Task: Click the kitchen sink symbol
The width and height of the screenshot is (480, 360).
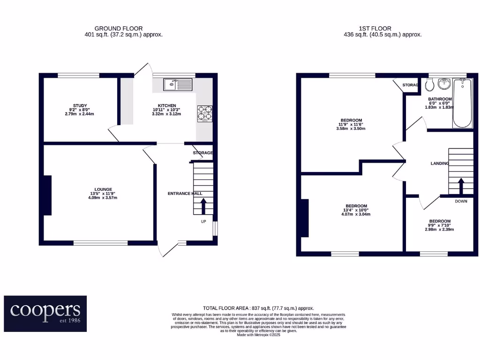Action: click(178, 85)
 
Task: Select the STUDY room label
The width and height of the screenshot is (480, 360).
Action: click(80, 105)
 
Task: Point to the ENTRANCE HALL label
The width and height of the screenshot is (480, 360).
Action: click(185, 194)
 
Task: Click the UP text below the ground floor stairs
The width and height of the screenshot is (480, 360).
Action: click(203, 221)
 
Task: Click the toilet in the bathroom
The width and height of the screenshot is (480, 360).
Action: click(428, 85)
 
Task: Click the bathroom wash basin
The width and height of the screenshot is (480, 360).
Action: click(443, 85)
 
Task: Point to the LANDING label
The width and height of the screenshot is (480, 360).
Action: click(440, 164)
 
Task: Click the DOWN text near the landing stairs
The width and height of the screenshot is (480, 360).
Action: click(461, 202)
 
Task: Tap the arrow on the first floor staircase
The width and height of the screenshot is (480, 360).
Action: click(461, 186)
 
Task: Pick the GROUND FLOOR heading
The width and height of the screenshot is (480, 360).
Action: click(119, 29)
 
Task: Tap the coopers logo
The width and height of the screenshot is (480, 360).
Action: click(45, 313)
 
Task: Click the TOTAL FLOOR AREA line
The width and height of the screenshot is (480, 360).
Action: click(258, 307)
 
